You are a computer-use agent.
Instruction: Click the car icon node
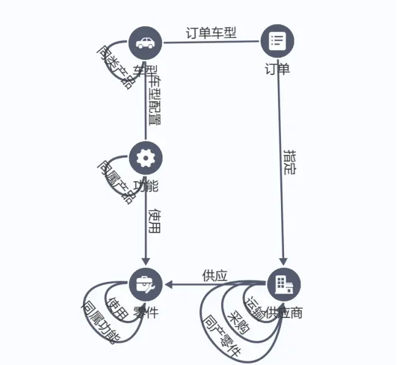click(145, 43)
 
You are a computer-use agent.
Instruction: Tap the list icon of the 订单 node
click(277, 41)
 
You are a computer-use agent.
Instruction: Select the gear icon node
click(145, 158)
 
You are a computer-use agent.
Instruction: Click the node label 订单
click(277, 68)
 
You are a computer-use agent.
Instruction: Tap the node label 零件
click(145, 313)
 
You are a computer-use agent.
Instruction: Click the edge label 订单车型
click(211, 32)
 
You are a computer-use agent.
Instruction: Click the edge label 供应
click(214, 276)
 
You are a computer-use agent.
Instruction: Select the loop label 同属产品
click(115, 181)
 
